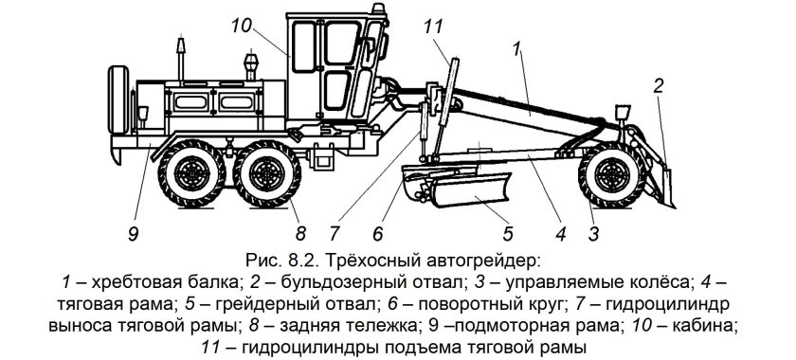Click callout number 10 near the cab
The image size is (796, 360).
(x=242, y=26)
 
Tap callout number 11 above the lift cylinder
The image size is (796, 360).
(x=433, y=27)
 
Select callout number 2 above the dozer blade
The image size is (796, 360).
(x=658, y=86)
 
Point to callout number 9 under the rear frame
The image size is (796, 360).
(x=133, y=235)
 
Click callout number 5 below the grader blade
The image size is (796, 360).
(x=508, y=234)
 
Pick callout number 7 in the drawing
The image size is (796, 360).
(x=334, y=234)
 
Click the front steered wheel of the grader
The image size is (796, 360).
(x=612, y=175)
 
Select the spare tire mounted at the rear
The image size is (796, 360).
(x=118, y=99)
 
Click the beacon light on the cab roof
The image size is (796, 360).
(x=378, y=9)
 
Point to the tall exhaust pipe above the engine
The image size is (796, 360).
(x=180, y=59)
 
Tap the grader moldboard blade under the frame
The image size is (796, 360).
(x=470, y=189)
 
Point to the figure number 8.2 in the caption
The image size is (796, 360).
(x=303, y=262)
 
